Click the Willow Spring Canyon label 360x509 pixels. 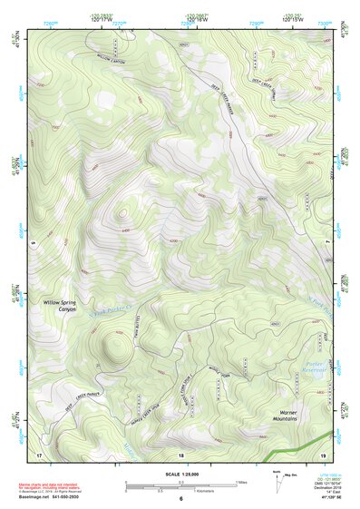pyautogui.click(x=61, y=308)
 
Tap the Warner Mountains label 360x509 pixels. pyautogui.click(x=285, y=416)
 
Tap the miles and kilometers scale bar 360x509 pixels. pyautogui.click(x=180, y=486)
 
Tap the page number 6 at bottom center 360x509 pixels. pyautogui.click(x=181, y=499)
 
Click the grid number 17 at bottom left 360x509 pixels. pyautogui.click(x=39, y=453)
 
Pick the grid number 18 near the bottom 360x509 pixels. pyautogui.click(x=181, y=454)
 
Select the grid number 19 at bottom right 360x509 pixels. pyautogui.click(x=323, y=453)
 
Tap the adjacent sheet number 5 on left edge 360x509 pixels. pyautogui.click(x=30, y=242)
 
